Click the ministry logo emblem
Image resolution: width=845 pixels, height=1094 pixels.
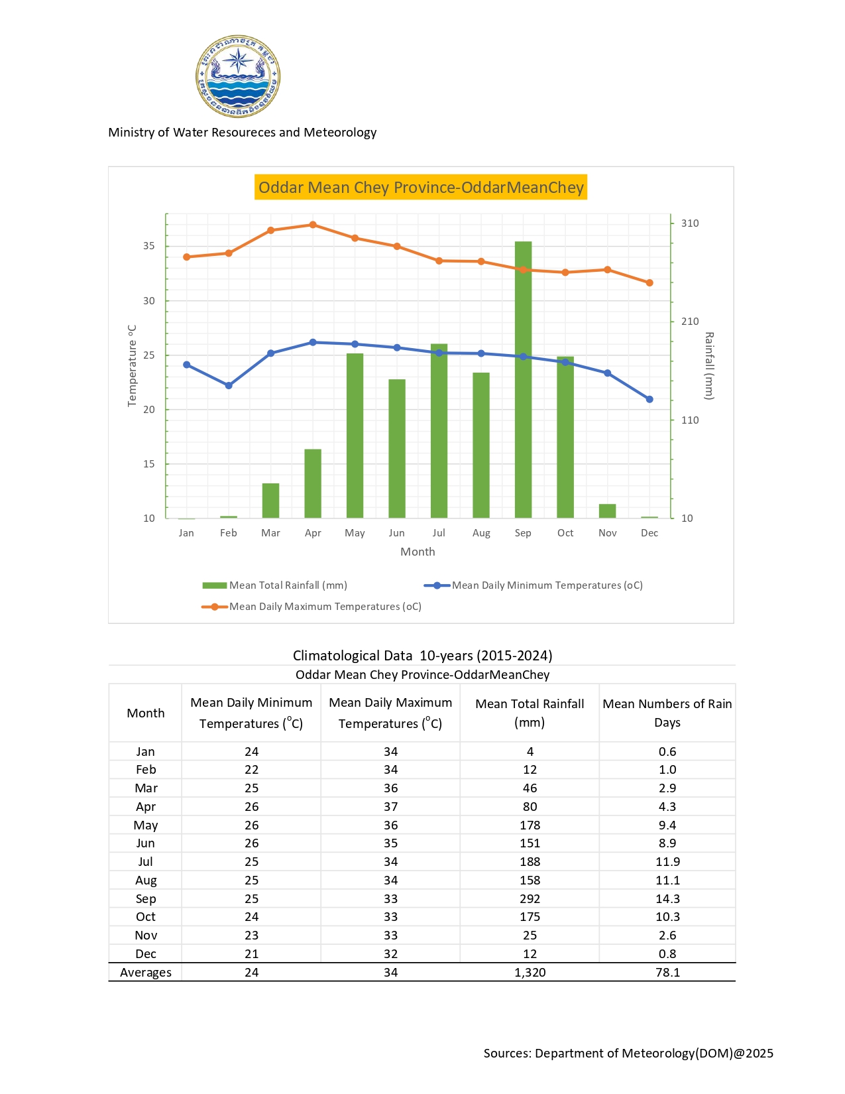point(238,77)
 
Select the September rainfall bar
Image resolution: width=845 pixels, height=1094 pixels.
point(523,379)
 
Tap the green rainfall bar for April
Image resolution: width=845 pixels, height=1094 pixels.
point(313,483)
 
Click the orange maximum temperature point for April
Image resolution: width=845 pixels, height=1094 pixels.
point(313,225)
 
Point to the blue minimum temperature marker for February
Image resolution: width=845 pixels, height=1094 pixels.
point(229,385)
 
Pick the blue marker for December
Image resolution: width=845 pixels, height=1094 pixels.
point(649,399)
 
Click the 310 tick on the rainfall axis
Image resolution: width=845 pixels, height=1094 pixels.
point(689,223)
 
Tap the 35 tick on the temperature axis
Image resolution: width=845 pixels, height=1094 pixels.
point(148,246)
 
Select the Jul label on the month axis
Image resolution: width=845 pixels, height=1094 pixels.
point(439,533)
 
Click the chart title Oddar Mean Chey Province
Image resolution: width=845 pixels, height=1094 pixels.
point(421,188)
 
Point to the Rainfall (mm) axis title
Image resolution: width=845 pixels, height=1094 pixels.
point(708,366)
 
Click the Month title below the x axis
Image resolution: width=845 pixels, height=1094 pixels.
point(418,552)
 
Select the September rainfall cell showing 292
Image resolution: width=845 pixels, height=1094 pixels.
point(530,899)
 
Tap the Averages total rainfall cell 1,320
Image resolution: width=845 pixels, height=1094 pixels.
point(530,973)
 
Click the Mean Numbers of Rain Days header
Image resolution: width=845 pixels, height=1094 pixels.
point(667,713)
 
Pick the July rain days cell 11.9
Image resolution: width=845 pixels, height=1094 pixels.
point(667,862)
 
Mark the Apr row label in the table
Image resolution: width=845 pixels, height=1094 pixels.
point(146,807)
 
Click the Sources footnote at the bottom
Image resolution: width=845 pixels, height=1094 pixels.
point(628,1054)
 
